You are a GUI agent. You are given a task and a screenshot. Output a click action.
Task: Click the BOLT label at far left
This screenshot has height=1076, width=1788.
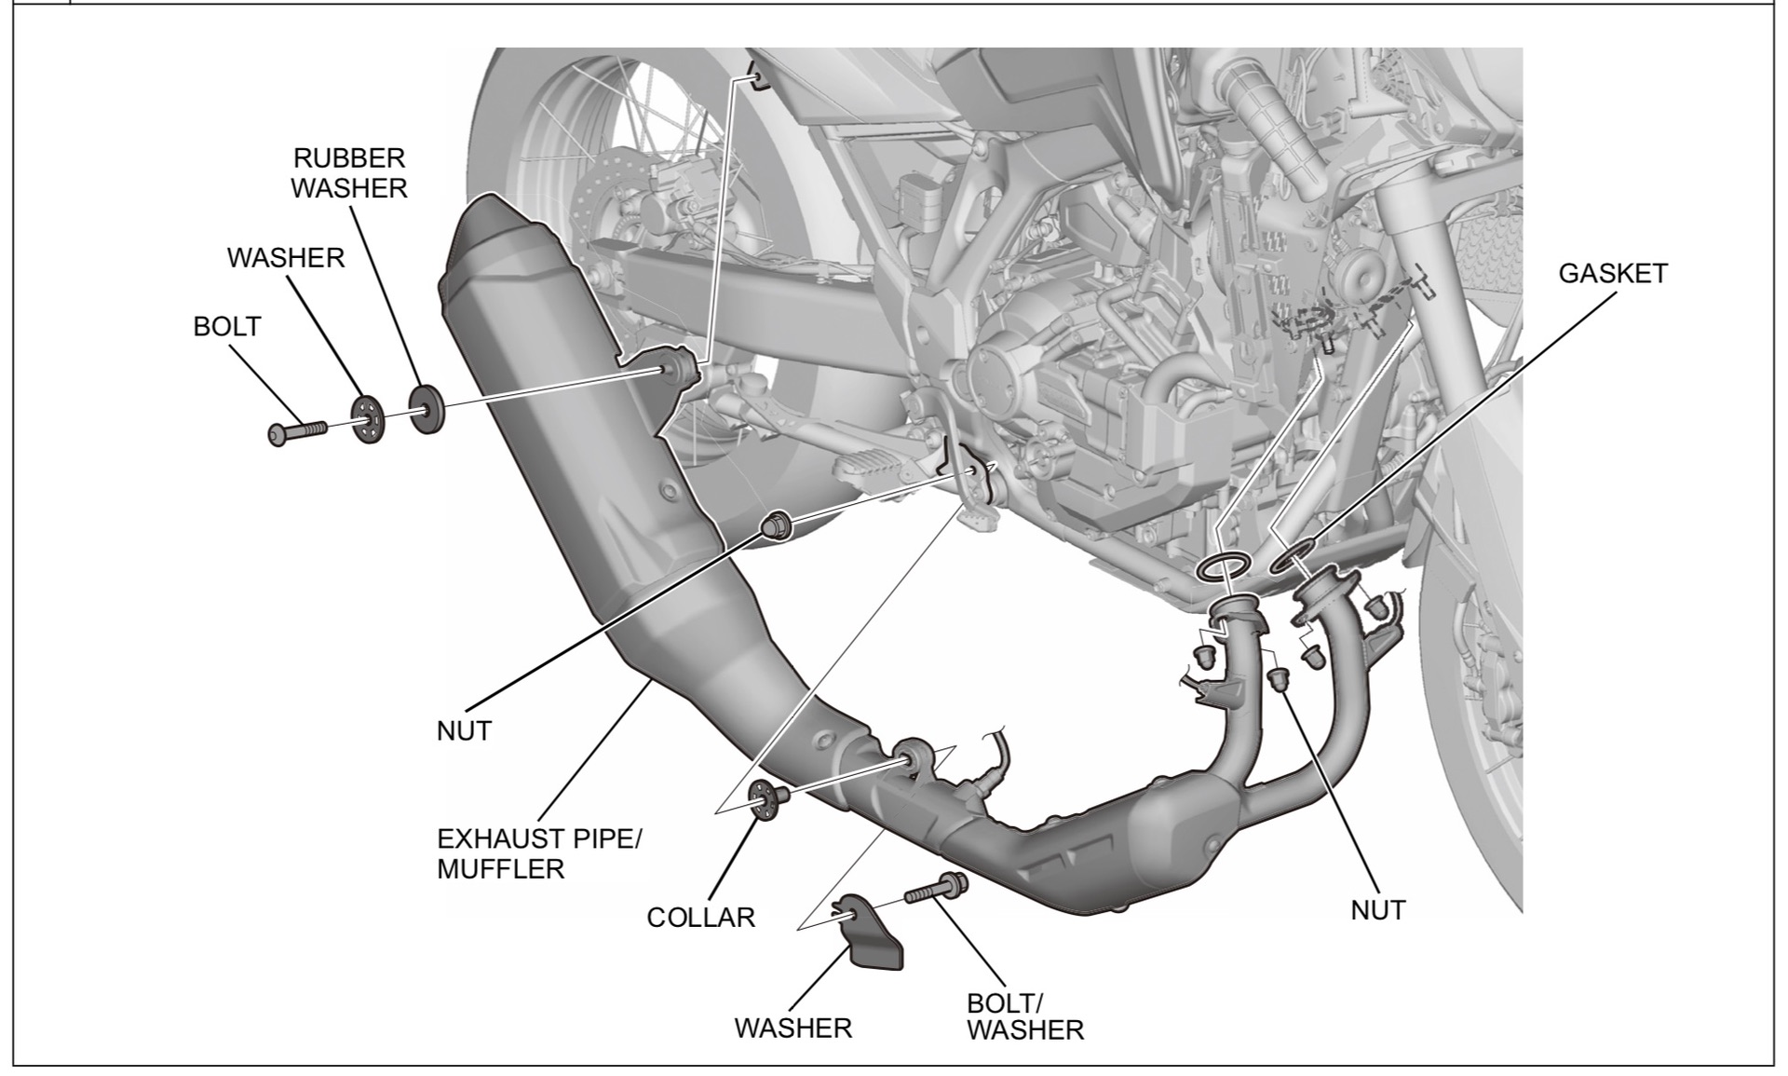pos(227,327)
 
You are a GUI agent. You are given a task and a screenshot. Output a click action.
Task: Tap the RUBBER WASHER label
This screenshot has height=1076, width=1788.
pos(349,173)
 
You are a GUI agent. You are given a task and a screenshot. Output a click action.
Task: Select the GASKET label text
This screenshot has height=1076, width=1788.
pos(1613,273)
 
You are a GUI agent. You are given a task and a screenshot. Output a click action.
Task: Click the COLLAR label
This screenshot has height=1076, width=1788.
pos(700,918)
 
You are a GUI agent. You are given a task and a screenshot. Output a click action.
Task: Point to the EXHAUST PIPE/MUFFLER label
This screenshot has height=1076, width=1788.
pos(539,853)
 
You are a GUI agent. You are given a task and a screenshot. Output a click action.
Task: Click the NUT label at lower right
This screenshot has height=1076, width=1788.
pos(1377,910)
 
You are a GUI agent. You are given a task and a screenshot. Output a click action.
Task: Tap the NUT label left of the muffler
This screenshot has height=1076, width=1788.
pos(463,731)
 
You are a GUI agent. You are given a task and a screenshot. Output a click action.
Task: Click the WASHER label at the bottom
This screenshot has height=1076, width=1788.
pos(792,1028)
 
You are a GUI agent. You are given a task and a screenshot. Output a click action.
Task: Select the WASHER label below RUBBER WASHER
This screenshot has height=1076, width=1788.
pos(285,258)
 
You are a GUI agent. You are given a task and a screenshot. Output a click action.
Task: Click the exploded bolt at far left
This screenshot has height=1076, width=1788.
pos(298,431)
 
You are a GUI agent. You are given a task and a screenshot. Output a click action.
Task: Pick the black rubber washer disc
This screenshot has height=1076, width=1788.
pos(426,406)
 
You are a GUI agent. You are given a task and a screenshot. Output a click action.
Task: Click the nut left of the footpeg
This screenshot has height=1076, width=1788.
pos(777,525)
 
